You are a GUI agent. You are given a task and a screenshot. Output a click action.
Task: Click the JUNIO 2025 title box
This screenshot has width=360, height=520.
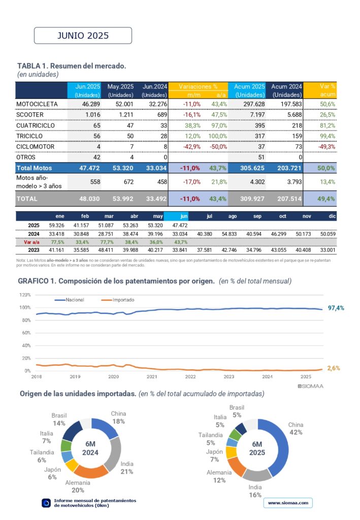[83, 36]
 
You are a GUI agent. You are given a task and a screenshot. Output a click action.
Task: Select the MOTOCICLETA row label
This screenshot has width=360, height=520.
[37, 104]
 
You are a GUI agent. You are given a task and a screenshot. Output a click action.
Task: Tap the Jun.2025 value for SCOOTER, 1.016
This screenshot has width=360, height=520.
[92, 115]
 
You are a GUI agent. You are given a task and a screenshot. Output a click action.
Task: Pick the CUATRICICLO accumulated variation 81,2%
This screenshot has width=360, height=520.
[328, 125]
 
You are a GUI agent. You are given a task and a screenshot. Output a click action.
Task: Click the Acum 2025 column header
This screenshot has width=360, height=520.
[249, 90]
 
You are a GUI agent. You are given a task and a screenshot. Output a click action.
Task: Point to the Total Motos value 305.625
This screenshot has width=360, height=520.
[252, 168]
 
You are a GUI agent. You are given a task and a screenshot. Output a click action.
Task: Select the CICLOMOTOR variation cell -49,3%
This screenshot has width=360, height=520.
[327, 147]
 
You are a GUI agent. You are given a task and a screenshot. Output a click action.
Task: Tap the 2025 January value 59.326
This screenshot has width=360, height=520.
[57, 225]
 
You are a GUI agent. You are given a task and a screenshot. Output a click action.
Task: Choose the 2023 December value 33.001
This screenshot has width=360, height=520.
[328, 250]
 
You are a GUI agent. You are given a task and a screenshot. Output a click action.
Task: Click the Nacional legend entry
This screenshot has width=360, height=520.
[69, 300]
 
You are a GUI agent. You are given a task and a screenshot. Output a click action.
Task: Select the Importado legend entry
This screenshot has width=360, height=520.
[118, 300]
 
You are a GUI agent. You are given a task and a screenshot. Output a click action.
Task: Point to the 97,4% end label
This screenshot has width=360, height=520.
[336, 308]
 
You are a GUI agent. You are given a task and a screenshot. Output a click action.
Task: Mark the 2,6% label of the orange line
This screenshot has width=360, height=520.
[334, 368]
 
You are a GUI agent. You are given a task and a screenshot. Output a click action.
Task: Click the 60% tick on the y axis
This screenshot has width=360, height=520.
[26, 333]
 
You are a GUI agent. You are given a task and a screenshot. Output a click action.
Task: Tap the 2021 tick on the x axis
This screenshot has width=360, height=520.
[152, 377]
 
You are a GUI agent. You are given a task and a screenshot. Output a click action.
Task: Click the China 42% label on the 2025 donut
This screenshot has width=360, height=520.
[296, 429]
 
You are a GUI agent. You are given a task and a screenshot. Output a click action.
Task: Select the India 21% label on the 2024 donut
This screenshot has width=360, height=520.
[126, 468]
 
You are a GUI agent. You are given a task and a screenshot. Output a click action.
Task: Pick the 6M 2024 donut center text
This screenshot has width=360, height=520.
[90, 448]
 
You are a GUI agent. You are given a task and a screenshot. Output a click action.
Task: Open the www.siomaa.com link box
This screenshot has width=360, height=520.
[288, 503]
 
